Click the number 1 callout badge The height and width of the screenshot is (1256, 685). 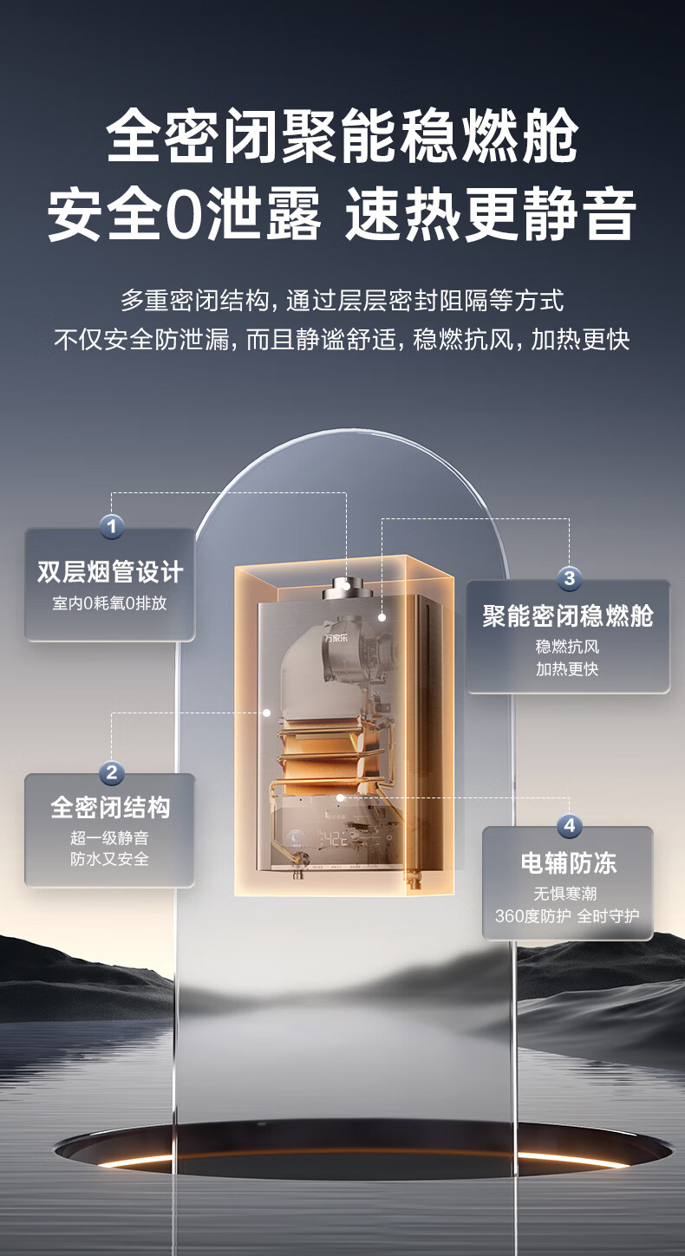coord(111,526)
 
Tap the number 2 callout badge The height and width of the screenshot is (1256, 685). coord(111,772)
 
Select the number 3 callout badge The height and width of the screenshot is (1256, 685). coord(569,577)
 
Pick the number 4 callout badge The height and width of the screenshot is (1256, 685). coord(569,825)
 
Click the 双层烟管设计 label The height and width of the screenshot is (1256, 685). coord(110,573)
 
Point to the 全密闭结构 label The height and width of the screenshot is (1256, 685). coord(110,808)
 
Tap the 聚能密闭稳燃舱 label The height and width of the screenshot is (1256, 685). coord(568,617)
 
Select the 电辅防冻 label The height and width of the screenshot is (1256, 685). coord(568,863)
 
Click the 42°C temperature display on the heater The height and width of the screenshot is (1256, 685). coord(334,839)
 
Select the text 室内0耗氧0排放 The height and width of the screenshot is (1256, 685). coord(110,603)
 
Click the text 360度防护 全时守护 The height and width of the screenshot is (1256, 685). coord(568,916)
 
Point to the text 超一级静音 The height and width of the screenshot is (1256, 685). coord(110,838)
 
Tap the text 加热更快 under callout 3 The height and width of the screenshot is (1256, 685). coord(568,669)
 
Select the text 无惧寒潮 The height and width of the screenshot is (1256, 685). coord(568,894)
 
